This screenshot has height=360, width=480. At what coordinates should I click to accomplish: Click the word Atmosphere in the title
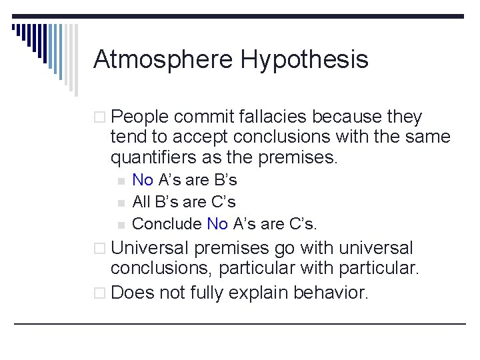click(x=163, y=60)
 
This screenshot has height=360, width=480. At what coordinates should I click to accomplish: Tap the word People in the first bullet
click(x=140, y=117)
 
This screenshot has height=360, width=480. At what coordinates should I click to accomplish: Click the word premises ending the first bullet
click(x=306, y=158)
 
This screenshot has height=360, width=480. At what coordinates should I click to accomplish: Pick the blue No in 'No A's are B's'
click(x=143, y=180)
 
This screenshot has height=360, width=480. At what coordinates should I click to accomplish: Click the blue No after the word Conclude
click(x=217, y=223)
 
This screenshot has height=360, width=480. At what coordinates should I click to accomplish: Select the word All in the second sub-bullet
click(x=141, y=201)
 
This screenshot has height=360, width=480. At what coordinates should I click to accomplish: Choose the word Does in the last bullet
click(x=131, y=292)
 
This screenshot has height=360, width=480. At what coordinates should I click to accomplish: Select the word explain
click(x=258, y=292)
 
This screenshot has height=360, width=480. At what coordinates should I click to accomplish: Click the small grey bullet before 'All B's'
click(x=120, y=202)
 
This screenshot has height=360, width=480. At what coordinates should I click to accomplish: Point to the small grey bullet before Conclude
click(x=120, y=224)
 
